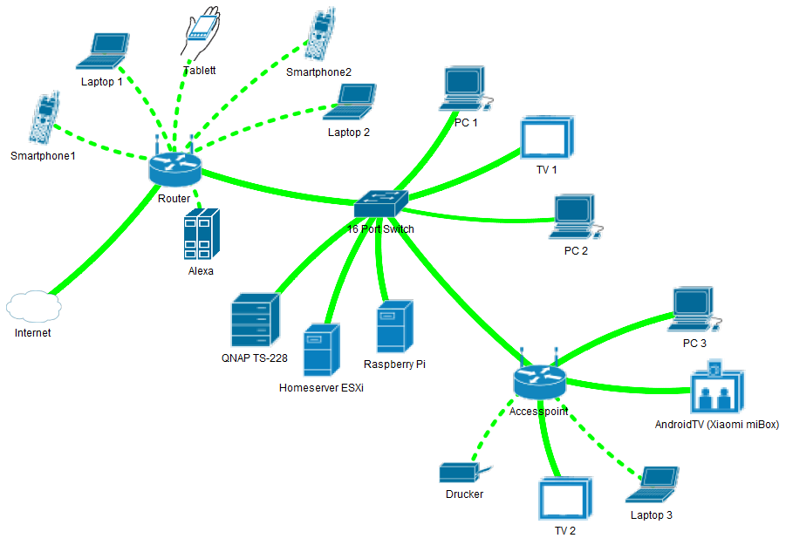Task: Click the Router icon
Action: [x=174, y=167]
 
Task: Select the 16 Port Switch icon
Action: [x=381, y=204]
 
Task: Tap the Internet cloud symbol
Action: [x=32, y=307]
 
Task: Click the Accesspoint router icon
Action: [x=539, y=380]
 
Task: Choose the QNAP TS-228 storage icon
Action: [x=255, y=321]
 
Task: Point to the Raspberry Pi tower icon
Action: [x=394, y=327]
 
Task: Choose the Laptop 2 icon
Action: [x=351, y=103]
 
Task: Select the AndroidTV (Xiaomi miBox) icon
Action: [x=717, y=389]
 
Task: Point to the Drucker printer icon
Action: [x=461, y=473]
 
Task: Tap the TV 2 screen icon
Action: [x=565, y=500]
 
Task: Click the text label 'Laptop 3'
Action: [x=651, y=515]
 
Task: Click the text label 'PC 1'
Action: [x=466, y=123]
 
